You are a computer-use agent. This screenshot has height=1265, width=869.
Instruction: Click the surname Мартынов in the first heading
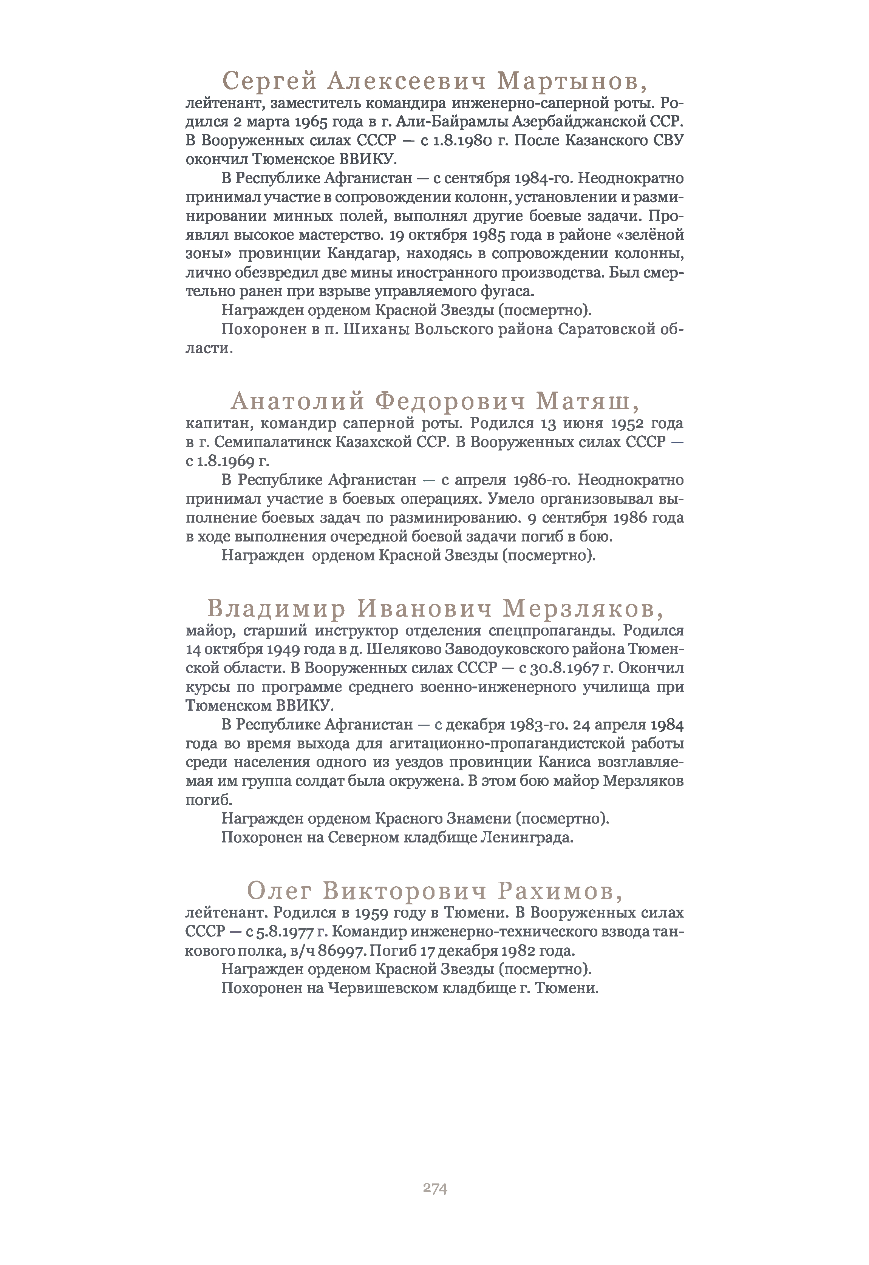(572, 82)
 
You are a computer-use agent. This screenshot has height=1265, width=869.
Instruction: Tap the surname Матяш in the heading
(588, 402)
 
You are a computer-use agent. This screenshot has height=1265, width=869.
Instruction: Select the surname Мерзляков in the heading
(583, 609)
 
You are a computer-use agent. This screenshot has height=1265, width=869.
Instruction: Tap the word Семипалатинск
(272, 442)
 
